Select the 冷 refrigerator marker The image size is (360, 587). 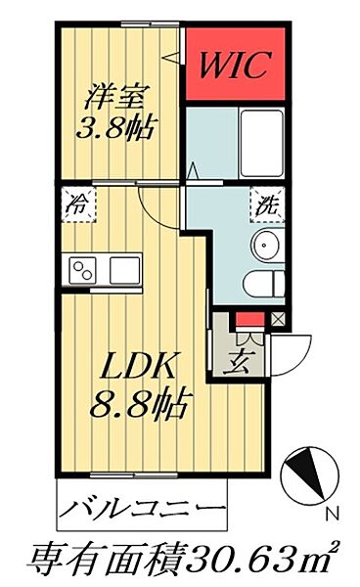75,205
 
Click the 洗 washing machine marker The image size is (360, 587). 266,205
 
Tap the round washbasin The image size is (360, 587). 266,245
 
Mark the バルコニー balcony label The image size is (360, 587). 141,510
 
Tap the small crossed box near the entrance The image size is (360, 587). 278,319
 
